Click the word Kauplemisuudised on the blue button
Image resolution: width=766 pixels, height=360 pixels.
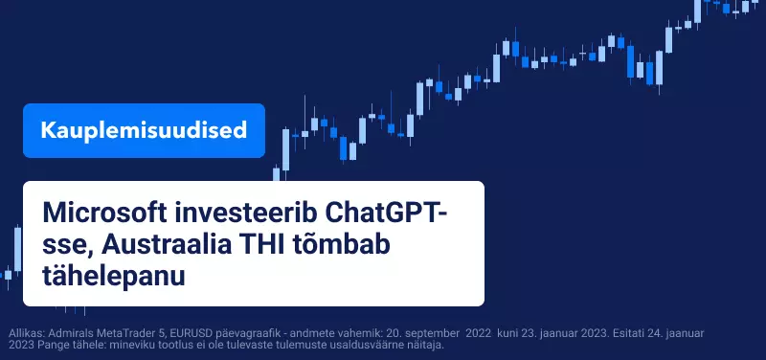click(144, 130)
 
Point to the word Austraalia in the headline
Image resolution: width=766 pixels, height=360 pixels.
click(166, 245)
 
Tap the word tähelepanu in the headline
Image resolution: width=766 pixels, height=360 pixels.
click(114, 277)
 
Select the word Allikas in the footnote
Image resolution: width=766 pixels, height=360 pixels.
click(25, 333)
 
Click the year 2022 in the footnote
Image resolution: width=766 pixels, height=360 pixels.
click(479, 333)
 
